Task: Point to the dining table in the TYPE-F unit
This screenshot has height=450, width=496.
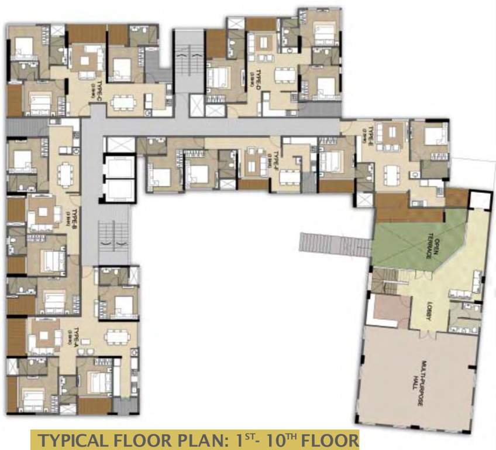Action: click(x=288, y=175)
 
